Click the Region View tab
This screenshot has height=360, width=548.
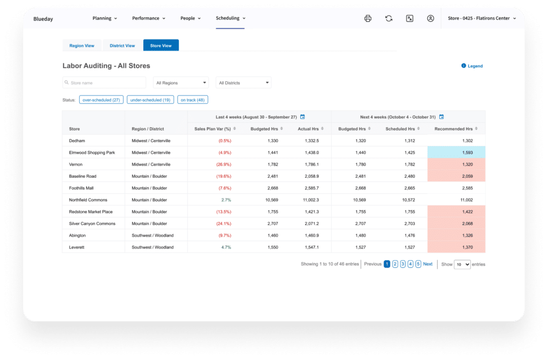[x=82, y=45]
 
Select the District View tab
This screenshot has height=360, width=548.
[x=123, y=45]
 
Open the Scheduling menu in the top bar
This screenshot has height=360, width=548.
[x=231, y=18]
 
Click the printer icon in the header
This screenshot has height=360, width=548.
[x=368, y=18]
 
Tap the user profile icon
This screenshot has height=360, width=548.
[x=430, y=18]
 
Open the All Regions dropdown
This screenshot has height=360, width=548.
[x=181, y=83]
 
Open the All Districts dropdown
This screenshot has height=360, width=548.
[x=243, y=83]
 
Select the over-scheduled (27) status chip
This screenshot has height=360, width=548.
[x=101, y=99]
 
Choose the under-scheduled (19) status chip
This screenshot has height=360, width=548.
[x=150, y=99]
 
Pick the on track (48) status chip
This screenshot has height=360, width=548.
[x=193, y=99]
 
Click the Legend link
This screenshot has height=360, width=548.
[x=472, y=66]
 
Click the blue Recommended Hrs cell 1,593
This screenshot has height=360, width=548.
[x=456, y=152]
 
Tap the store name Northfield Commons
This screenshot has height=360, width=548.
[x=88, y=200]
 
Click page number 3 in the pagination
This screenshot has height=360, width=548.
[x=403, y=264]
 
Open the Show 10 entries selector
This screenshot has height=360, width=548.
[x=462, y=264]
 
